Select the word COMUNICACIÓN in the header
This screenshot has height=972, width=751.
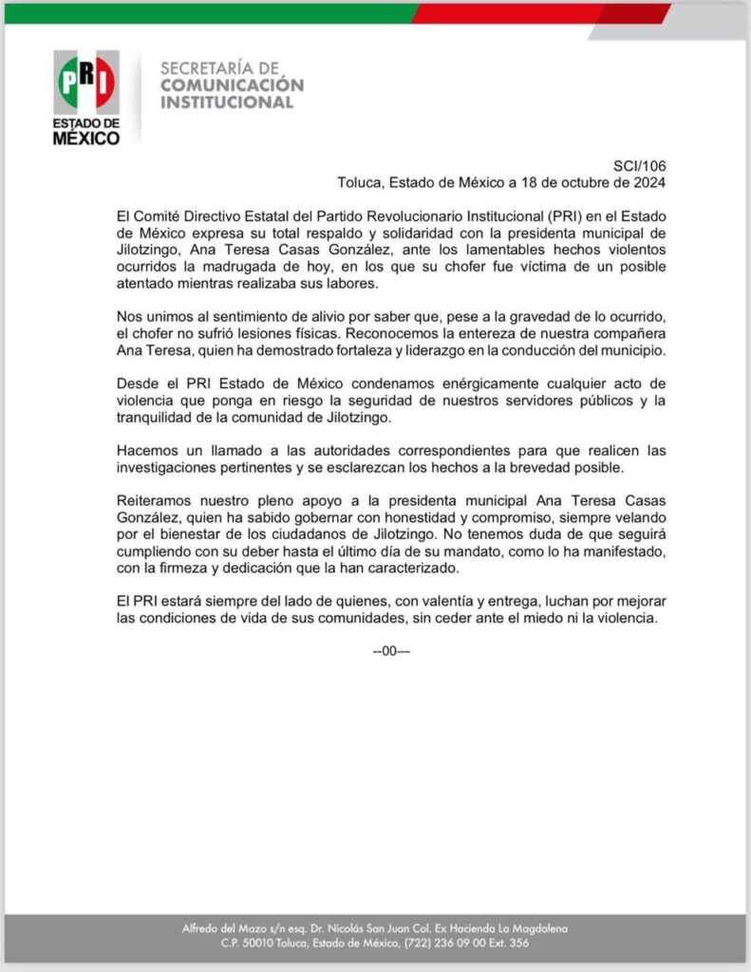coord(233,85)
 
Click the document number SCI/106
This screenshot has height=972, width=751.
coord(639,165)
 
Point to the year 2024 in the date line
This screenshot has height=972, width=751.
coord(648,182)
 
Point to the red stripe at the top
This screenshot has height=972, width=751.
coord(532,12)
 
